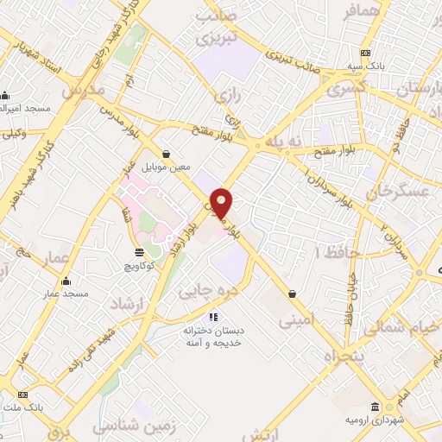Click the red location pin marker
(222, 202)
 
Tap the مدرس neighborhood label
(84, 90)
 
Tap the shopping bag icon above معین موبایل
(166, 154)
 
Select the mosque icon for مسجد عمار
(66, 281)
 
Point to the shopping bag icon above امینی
(294, 294)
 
